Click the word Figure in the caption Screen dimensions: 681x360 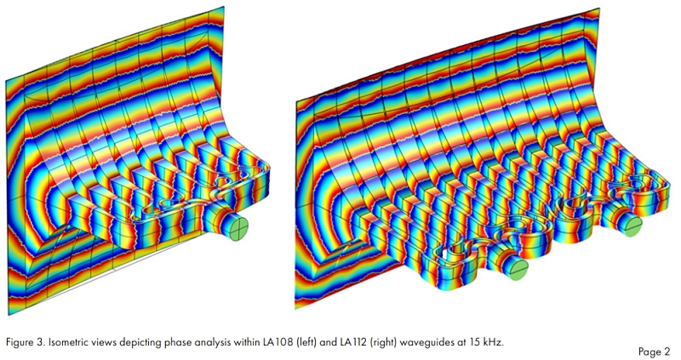pos(18,342)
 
